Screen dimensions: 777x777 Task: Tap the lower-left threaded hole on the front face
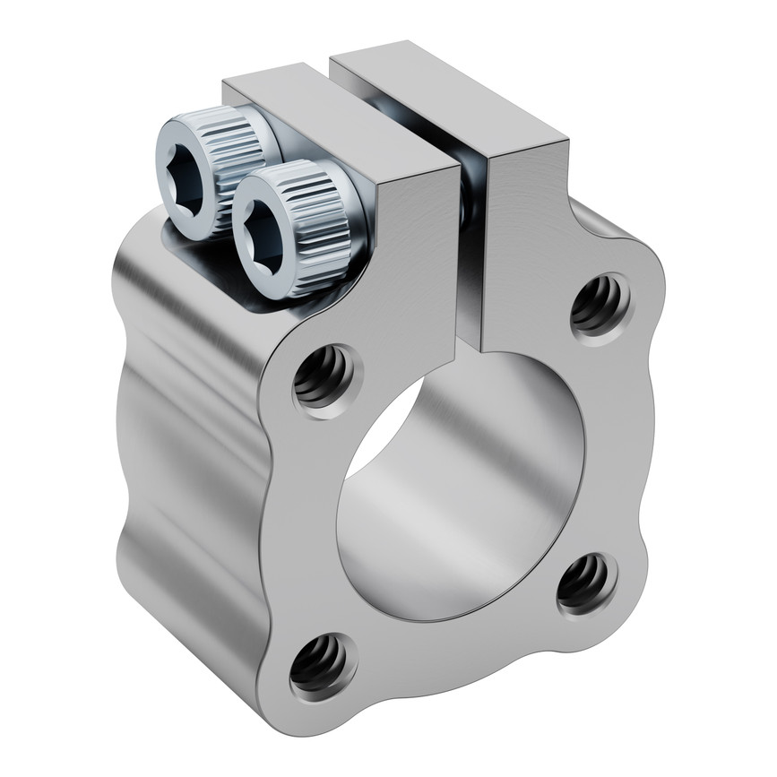[x=321, y=664]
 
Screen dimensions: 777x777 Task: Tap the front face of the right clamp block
[x=529, y=242]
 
